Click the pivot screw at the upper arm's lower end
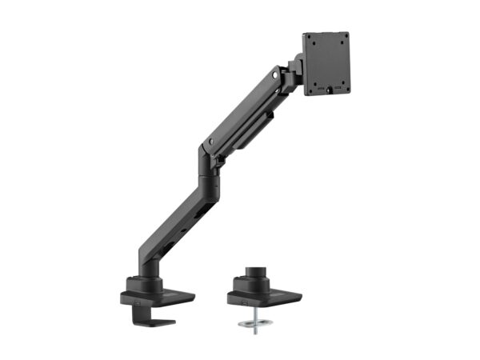pos(210,142)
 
